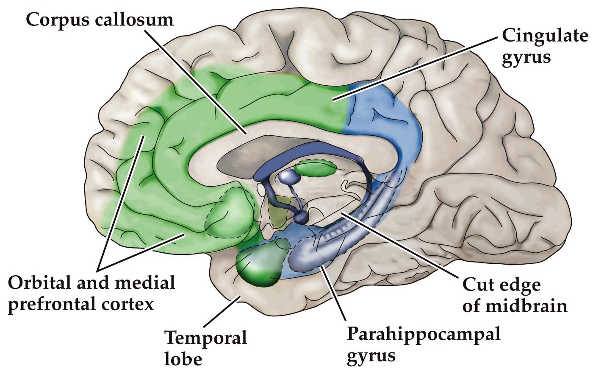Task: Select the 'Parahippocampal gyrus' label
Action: tap(424, 344)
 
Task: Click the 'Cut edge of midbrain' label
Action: tap(514, 295)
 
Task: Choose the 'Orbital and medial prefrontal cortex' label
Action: tap(91, 293)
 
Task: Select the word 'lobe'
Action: tap(183, 360)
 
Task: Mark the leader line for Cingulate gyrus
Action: tap(415, 68)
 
